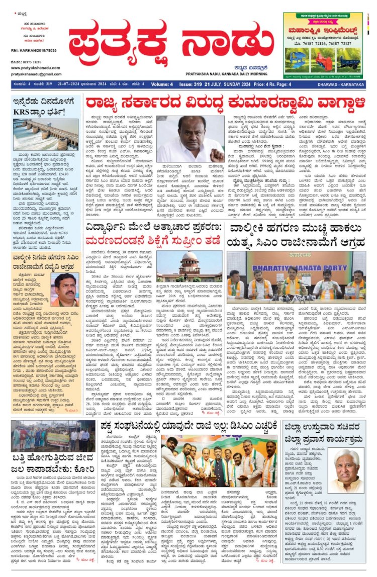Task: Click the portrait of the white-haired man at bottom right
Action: coord(346,470)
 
